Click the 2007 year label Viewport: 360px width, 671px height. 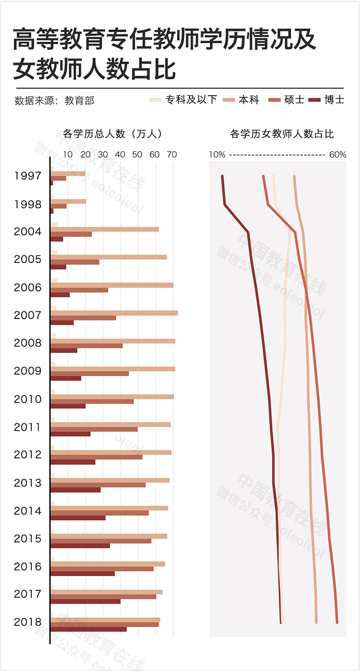coord(28,315)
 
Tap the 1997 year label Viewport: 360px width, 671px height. coord(28,176)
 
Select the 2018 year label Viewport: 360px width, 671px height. coord(28,622)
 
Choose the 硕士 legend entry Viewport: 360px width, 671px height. coord(286,100)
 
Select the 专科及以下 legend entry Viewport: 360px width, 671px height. coord(183,100)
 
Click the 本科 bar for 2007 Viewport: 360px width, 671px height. coord(114,313)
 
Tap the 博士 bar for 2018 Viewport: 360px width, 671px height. coord(88,629)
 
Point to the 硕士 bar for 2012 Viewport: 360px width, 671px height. coord(97,457)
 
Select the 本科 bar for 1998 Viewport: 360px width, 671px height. coord(68,201)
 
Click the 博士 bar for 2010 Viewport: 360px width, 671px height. coord(68,406)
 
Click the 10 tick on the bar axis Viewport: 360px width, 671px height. coord(68,154)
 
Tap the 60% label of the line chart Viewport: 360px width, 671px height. coord(337,154)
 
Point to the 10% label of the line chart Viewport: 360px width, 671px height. coord(217,154)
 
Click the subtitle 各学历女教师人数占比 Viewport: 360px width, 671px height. coord(282,134)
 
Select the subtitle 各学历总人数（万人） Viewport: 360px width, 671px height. coord(113,134)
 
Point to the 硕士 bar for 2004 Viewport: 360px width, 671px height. coord(71,234)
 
